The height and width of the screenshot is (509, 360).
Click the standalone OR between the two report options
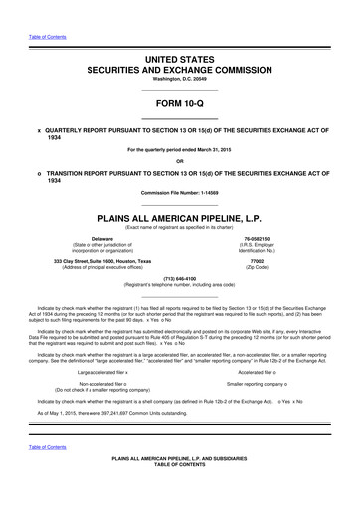179,161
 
